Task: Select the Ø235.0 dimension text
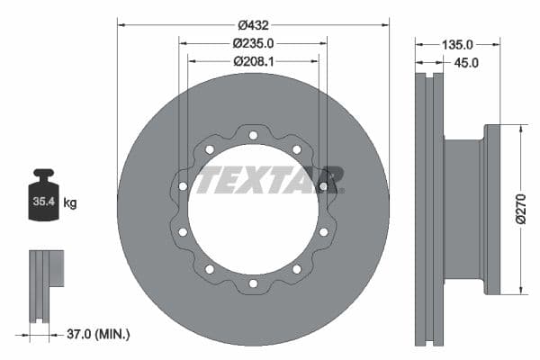253,42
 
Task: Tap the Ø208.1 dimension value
253,61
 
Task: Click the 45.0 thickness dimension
465,62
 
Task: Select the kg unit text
70,203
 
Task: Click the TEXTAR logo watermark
270,179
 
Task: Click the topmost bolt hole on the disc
253,136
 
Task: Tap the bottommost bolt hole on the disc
253,283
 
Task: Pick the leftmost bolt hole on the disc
183,186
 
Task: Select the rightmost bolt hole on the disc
323,186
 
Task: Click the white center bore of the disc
253,225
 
